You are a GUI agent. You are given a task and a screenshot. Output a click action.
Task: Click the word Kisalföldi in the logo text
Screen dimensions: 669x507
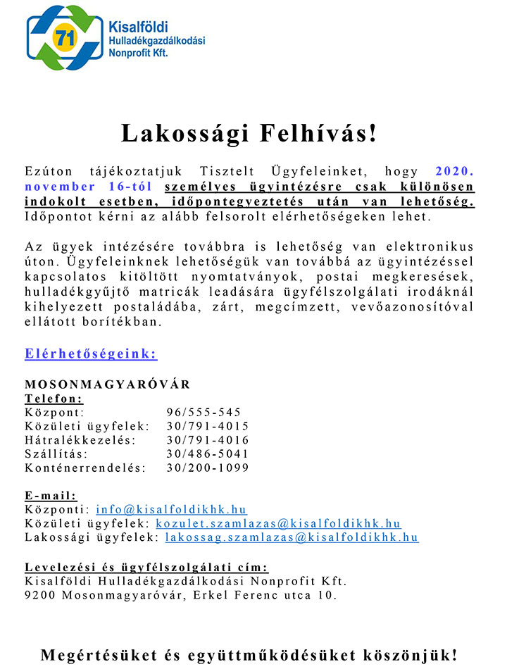[139, 27]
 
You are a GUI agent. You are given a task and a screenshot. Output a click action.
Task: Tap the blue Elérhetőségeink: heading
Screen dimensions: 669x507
[91, 354]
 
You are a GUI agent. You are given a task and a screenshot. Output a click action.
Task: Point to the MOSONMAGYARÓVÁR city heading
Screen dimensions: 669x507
[107, 384]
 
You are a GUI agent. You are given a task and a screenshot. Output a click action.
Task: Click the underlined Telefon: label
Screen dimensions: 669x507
[54, 399]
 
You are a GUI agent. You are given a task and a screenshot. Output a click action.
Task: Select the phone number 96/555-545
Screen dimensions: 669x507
[204, 412]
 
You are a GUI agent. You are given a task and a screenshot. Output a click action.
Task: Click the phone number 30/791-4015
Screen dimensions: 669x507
[208, 426]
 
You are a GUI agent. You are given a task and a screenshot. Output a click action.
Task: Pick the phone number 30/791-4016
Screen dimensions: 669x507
[208, 440]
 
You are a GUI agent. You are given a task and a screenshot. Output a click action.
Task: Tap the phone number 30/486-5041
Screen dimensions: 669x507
[208, 454]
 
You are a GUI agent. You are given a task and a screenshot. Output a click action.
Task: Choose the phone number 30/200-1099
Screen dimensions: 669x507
[208, 468]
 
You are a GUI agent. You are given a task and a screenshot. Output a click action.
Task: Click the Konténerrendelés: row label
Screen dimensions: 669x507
[85, 468]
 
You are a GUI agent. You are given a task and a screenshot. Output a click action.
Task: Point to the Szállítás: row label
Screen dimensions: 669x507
[56, 454]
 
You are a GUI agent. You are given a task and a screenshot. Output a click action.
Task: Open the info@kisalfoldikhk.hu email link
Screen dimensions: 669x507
[171, 509]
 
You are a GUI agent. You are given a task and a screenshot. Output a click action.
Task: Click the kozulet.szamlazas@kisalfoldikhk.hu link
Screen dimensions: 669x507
[278, 523]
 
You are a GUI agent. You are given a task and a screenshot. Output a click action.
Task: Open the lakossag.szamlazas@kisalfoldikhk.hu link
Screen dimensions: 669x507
[292, 537]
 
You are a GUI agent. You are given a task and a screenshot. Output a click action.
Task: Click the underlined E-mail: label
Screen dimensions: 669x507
[51, 495]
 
